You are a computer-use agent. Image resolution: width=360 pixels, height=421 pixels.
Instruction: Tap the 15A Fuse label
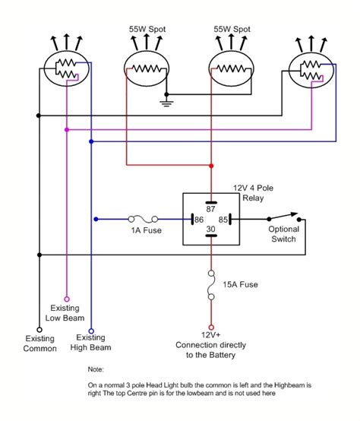[242, 284]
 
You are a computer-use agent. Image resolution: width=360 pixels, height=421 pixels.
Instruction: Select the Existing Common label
[39, 343]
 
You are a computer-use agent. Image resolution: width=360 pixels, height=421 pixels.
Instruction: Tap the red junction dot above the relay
[211, 165]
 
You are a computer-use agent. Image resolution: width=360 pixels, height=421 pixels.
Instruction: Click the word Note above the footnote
[96, 369]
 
